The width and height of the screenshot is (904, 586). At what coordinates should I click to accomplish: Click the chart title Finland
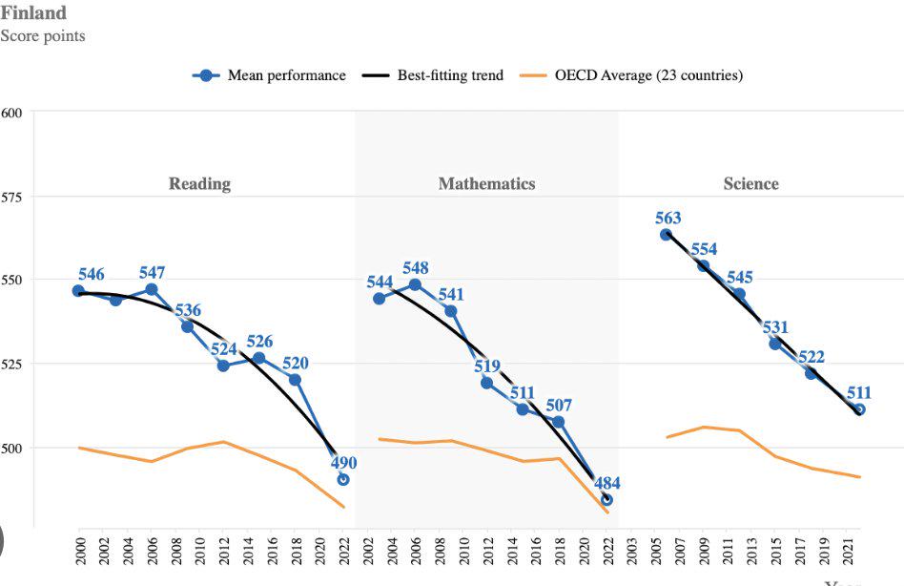pyautogui.click(x=33, y=13)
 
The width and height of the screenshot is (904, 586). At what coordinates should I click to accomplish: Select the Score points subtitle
pyautogui.click(x=43, y=36)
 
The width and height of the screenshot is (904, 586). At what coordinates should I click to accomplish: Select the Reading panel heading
pyautogui.click(x=199, y=183)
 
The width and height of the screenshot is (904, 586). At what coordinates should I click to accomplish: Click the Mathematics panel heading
pyautogui.click(x=486, y=183)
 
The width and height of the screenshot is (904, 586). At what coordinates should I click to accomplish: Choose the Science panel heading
pyautogui.click(x=750, y=183)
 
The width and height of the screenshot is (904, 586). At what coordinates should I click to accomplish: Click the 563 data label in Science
pyautogui.click(x=668, y=218)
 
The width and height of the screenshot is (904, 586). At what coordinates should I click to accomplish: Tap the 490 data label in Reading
pyautogui.click(x=343, y=463)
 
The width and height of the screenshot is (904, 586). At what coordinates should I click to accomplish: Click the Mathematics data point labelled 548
pyautogui.click(x=415, y=284)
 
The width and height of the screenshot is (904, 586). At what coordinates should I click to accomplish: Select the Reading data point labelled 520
pyautogui.click(x=295, y=380)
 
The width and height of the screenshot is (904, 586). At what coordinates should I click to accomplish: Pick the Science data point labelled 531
pyautogui.click(x=775, y=343)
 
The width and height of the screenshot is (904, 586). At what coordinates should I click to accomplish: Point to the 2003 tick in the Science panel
pyautogui.click(x=631, y=551)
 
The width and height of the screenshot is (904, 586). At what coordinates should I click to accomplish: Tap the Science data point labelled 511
pyautogui.click(x=859, y=409)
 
